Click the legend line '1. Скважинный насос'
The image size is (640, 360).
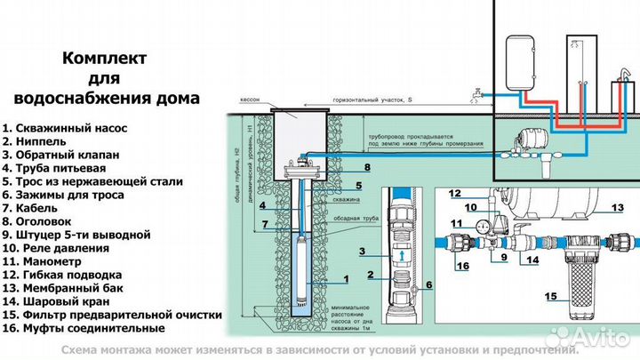pyautogui.click(x=64, y=128)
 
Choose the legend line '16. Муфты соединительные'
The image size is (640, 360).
pyautogui.click(x=83, y=328)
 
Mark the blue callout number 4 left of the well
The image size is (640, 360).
pyautogui.click(x=264, y=207)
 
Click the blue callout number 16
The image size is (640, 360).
pyautogui.click(x=462, y=266)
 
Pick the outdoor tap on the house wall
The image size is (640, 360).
pyautogui.click(x=478, y=92)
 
